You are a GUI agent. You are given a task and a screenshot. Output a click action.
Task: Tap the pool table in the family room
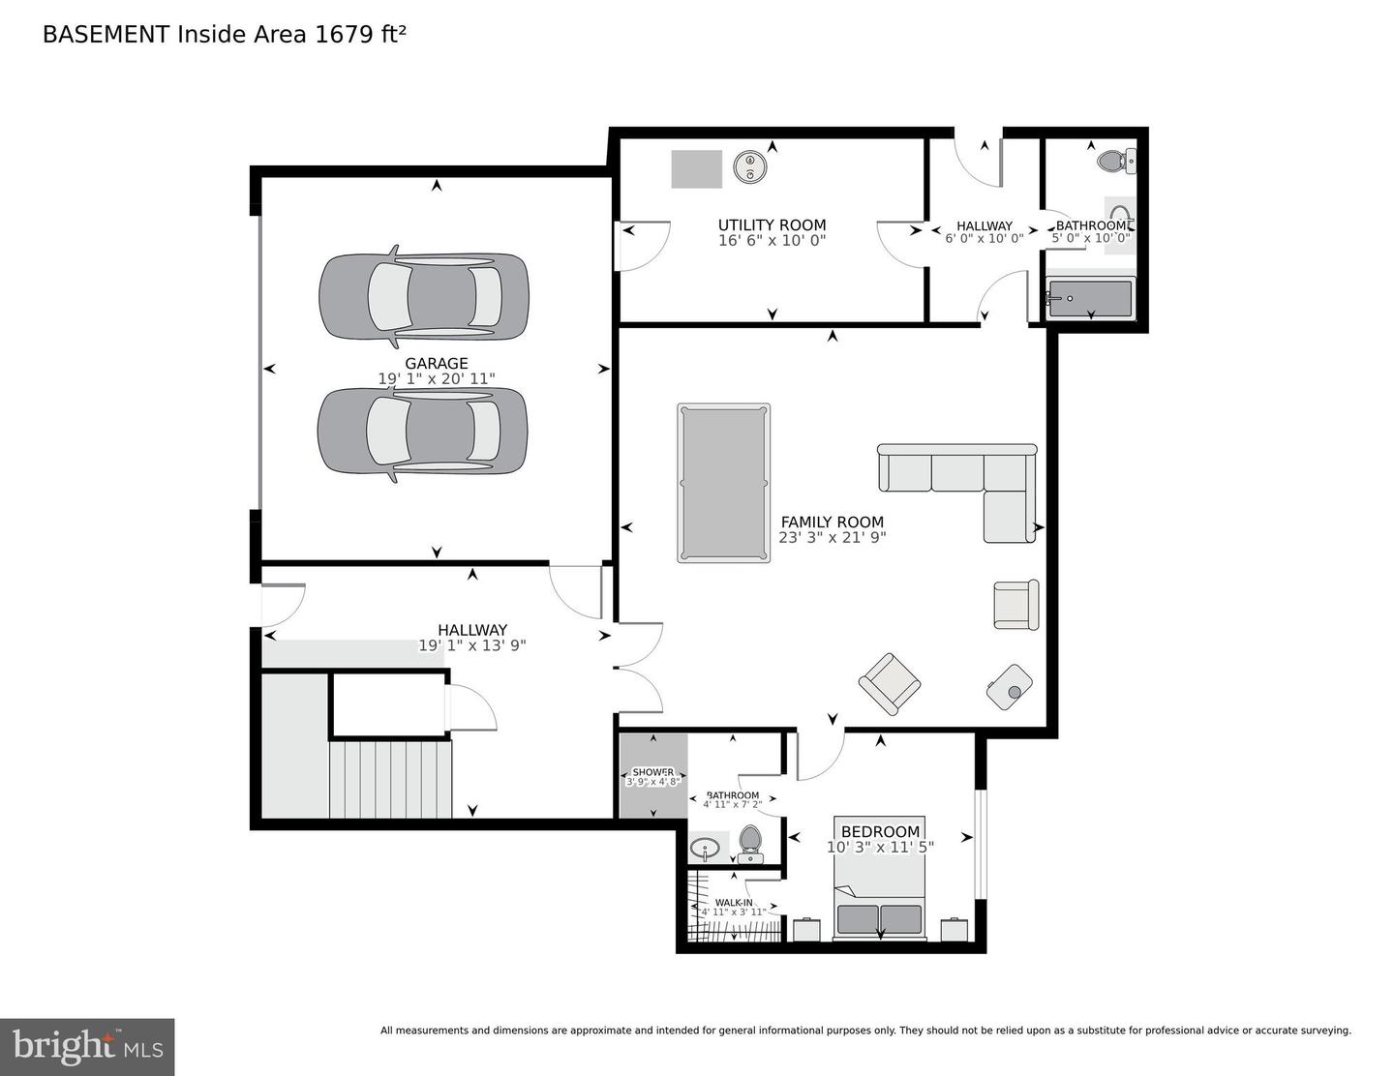click(724, 483)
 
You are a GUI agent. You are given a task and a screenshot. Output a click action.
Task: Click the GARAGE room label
click(436, 364)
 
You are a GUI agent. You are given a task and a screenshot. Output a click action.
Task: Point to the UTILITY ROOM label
click(772, 225)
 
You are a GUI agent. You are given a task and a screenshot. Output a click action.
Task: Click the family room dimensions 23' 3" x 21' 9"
click(832, 538)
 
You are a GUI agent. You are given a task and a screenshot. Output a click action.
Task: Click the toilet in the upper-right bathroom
click(1116, 161)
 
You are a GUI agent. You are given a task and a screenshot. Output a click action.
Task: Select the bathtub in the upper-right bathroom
click(1090, 299)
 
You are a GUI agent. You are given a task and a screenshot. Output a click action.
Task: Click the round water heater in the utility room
click(747, 168)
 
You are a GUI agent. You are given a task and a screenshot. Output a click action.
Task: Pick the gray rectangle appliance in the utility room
click(697, 169)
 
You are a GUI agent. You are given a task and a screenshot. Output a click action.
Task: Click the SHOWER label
click(653, 772)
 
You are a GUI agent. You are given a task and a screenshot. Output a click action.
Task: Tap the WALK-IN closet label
click(734, 902)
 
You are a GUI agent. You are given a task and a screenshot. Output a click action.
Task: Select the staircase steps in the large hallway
click(390, 779)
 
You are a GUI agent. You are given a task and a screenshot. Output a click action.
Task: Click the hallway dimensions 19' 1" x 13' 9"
click(471, 645)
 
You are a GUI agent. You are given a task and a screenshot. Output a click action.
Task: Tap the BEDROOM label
click(880, 831)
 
